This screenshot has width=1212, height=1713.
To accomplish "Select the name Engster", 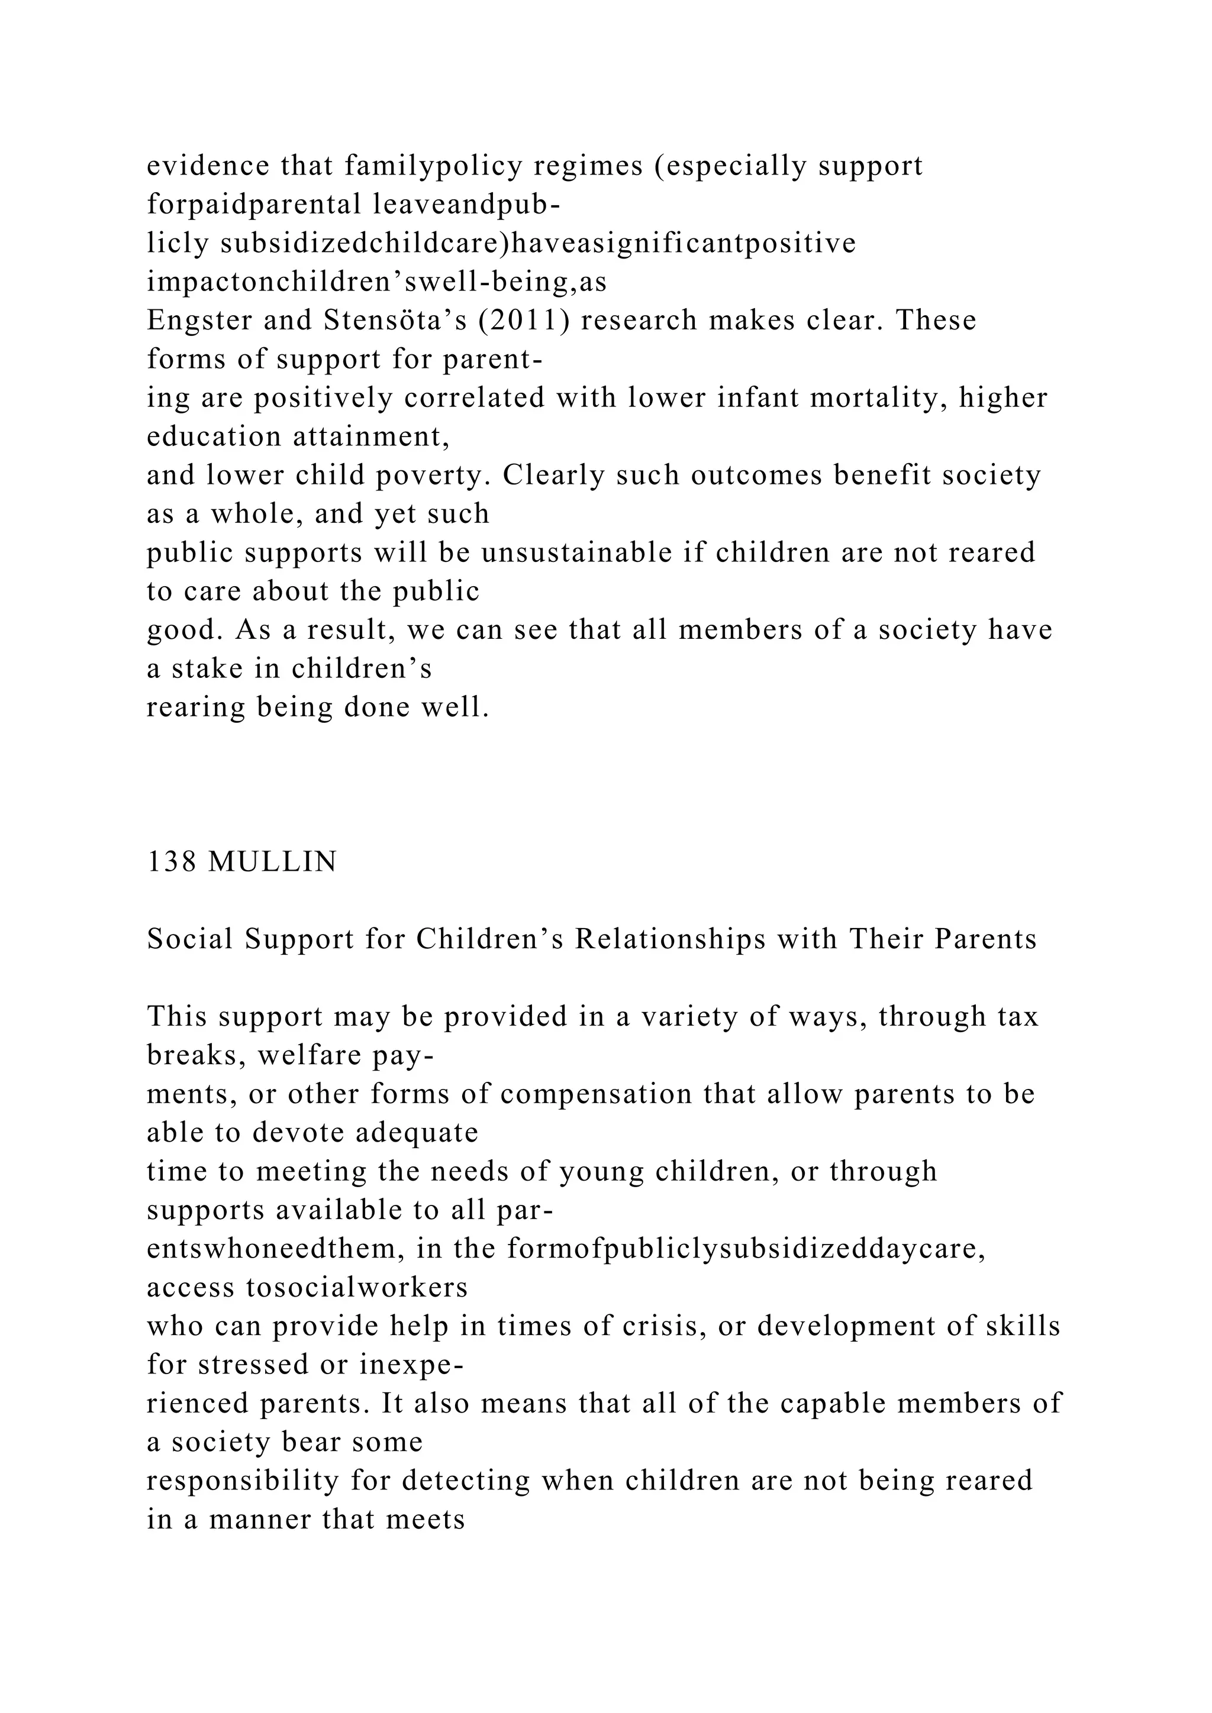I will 192,320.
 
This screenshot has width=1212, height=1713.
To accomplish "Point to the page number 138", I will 172,862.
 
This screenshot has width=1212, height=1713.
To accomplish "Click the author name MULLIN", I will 272,862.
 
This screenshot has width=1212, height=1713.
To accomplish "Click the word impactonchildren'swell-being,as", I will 376,282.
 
